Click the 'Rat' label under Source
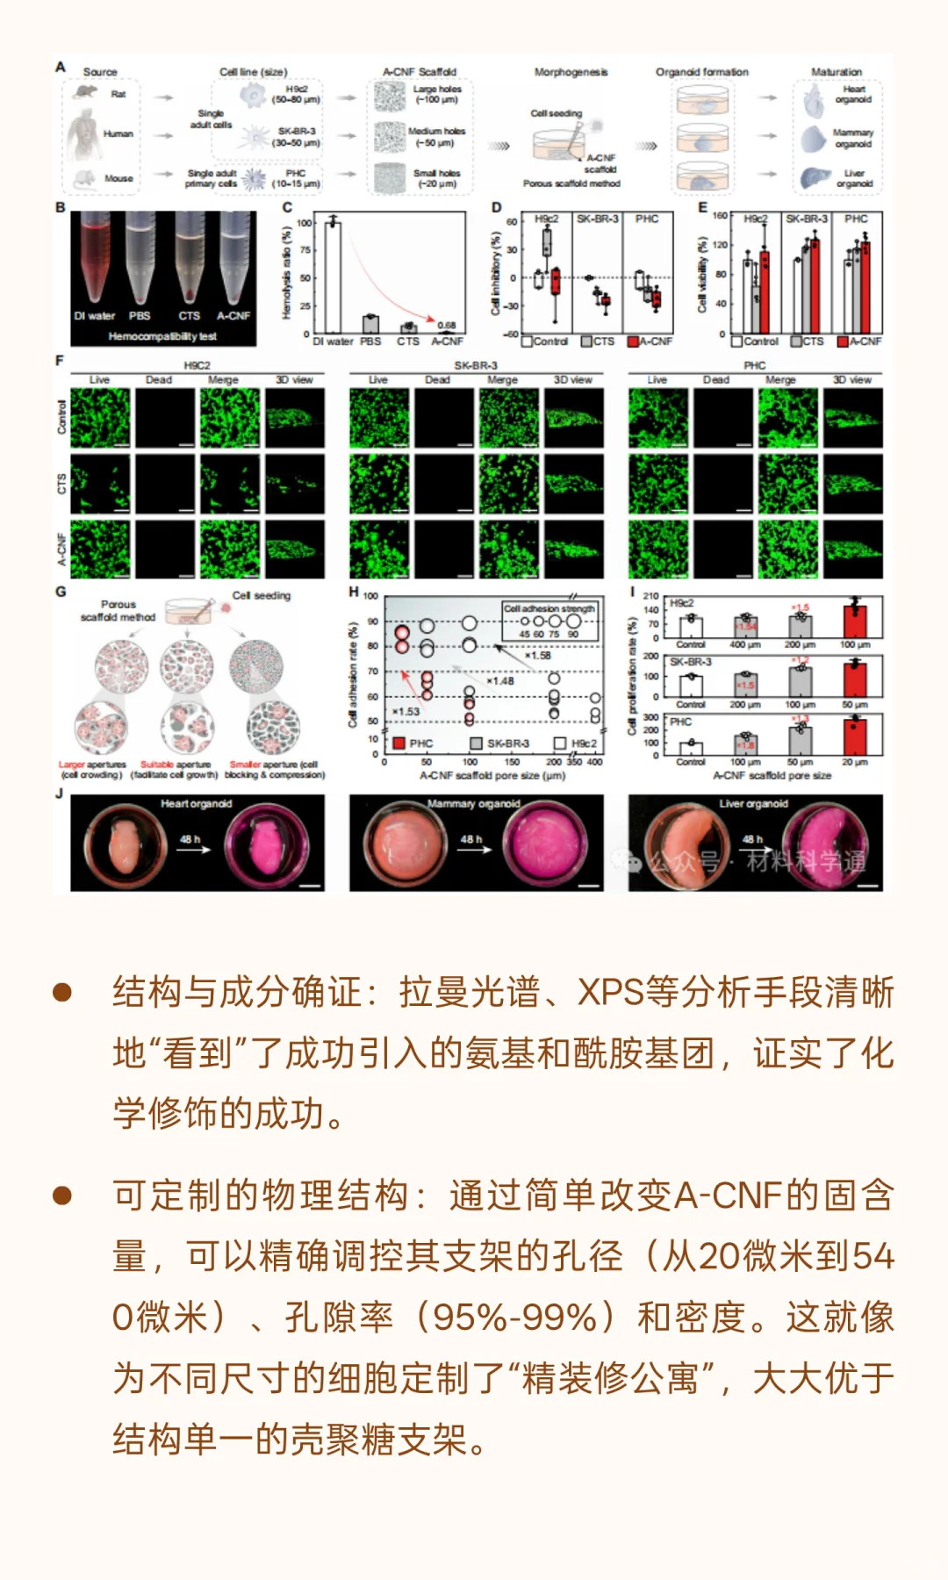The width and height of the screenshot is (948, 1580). point(118,94)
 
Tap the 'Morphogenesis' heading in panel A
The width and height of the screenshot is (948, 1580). point(571,72)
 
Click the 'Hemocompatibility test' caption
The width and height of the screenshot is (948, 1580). point(162,336)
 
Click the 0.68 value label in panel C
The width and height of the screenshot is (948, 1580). point(447,325)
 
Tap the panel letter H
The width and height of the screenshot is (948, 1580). point(354,592)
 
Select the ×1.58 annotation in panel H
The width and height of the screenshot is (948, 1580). point(537,656)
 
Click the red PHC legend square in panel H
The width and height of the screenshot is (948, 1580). point(399,743)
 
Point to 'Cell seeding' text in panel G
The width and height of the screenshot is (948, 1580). point(262,595)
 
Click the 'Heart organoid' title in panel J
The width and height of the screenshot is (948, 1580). point(196,803)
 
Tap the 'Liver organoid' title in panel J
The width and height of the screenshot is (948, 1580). point(753,803)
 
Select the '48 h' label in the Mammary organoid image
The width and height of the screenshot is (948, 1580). point(471,839)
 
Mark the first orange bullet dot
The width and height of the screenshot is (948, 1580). point(62,993)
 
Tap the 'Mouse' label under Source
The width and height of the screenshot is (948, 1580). point(118,178)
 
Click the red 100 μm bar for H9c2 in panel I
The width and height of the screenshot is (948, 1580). point(854,621)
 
